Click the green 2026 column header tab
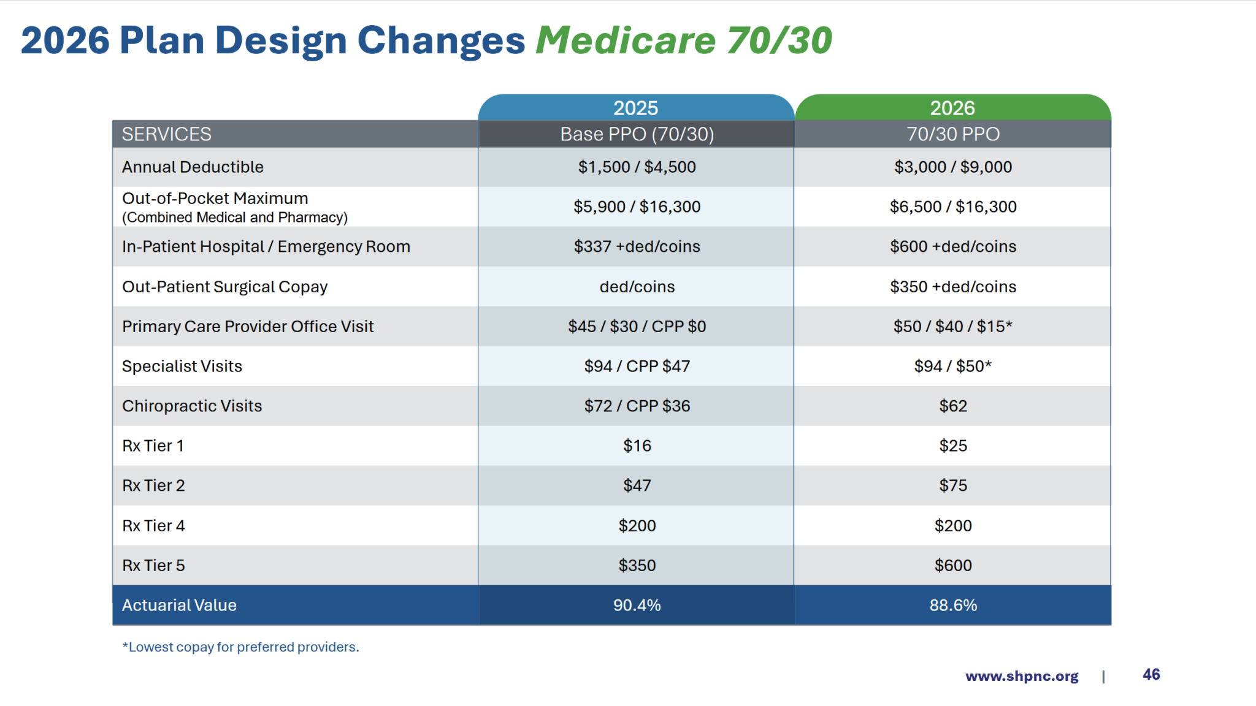point(952,108)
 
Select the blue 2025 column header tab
point(636,108)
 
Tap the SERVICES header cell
point(167,134)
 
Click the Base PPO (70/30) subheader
point(637,134)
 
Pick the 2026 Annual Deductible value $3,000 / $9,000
point(952,167)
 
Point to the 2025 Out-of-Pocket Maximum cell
point(637,207)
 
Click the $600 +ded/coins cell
point(952,246)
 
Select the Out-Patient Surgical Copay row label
point(224,287)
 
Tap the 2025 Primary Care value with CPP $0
point(637,326)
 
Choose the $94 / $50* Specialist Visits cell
point(952,366)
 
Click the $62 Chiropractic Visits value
point(952,406)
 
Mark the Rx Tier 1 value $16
point(637,446)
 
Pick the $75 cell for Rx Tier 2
point(952,485)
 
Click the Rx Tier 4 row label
point(153,526)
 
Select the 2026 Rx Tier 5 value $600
point(952,565)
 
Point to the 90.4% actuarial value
point(637,605)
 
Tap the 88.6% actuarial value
point(952,605)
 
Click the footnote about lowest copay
point(240,647)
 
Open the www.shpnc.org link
point(1021,676)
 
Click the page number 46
point(1151,675)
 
